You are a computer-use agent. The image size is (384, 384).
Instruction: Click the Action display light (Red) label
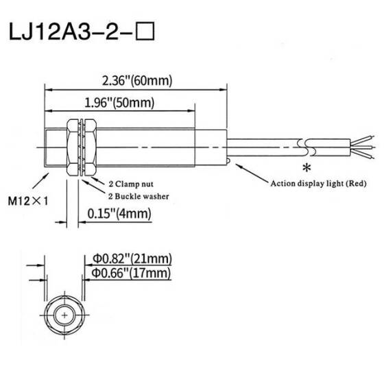pos(318,183)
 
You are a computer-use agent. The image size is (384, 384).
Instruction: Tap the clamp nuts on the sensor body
pos(80,147)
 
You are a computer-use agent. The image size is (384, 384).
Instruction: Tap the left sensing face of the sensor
pos(45,147)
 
